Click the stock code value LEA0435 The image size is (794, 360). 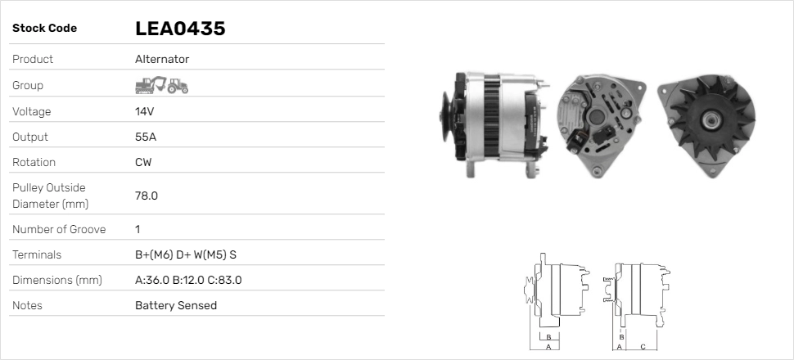[x=180, y=29]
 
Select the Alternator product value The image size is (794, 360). [x=162, y=59]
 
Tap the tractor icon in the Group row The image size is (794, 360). [x=178, y=85]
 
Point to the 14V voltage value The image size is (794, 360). [x=145, y=111]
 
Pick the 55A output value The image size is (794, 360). [x=145, y=137]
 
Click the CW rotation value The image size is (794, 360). [x=143, y=162]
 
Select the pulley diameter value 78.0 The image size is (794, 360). [x=147, y=196]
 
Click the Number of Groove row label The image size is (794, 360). [x=59, y=229]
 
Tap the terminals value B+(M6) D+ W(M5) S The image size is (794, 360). [x=186, y=254]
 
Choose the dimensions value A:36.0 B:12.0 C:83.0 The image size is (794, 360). [x=188, y=280]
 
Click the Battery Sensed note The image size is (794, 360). [x=176, y=305]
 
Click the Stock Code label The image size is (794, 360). [x=45, y=29]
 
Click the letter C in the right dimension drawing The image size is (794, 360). [x=643, y=346]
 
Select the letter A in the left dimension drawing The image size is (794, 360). [x=548, y=346]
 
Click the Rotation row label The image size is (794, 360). [x=34, y=162]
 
